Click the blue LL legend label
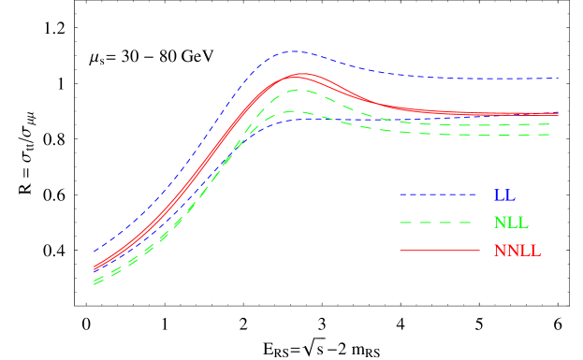tap(504, 195)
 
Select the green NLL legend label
tap(510, 223)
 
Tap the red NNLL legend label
tap(517, 251)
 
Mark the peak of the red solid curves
tap(300, 74)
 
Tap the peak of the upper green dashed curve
tap(295, 90)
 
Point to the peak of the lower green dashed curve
tap(293, 111)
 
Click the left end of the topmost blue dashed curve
tap(95, 251)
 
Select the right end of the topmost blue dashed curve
tap(558, 79)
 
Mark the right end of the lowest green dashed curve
tap(549, 135)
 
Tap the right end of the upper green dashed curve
tap(549, 123)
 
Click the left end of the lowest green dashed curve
tap(95, 283)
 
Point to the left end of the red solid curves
tap(95, 269)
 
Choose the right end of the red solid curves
tap(558, 114)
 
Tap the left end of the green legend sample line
tap(401, 223)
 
